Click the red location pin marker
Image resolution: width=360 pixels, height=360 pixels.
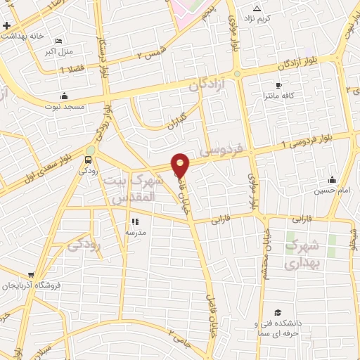[x=181, y=165]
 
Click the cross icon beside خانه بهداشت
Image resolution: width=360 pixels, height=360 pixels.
[x=6, y=26]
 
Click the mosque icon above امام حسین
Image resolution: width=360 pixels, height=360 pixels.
[x=332, y=180]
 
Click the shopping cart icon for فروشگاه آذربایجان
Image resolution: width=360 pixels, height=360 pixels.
[x=31, y=275]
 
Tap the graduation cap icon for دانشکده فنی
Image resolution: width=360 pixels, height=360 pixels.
[x=278, y=312]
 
